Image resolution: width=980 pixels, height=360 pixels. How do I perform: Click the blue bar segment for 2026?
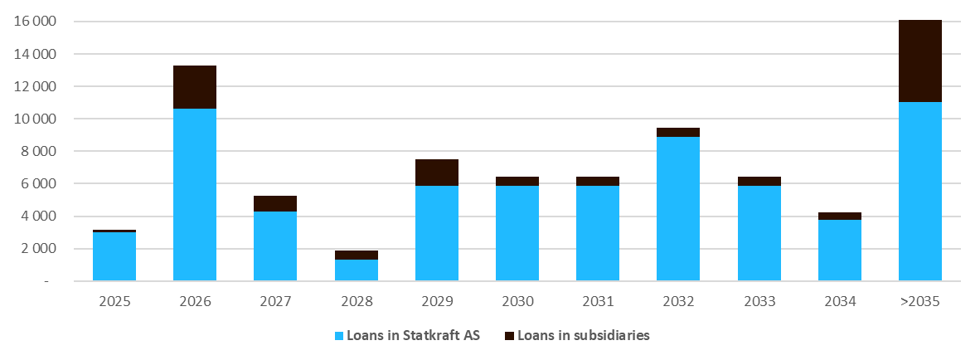coord(195,195)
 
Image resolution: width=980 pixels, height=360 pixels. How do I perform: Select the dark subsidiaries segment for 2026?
coord(195,87)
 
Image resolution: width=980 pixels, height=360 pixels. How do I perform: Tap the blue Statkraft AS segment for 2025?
coord(114,256)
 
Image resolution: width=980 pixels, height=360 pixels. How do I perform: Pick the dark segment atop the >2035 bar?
coord(920,61)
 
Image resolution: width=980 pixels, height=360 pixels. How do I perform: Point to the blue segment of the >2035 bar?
coord(920,191)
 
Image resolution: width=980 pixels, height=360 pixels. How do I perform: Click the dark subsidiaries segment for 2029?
coord(437,173)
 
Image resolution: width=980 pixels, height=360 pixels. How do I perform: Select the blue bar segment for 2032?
coord(678,208)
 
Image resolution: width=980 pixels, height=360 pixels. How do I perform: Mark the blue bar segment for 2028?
coord(357,270)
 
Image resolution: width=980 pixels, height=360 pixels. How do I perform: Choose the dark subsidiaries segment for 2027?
coord(275,203)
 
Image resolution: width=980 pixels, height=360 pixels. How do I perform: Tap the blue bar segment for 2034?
coord(840,250)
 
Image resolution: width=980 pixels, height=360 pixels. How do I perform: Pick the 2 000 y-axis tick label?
coord(37,249)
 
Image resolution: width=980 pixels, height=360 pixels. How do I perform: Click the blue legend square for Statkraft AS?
coord(338,335)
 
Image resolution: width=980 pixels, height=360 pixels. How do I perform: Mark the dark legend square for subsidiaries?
coord(511,335)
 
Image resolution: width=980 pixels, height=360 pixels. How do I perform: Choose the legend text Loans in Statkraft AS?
coord(413,335)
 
